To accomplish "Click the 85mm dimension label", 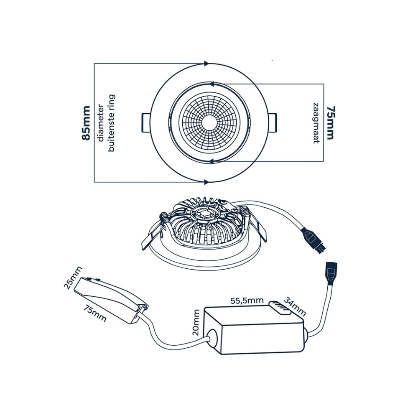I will tap(87, 123).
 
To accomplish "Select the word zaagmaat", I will tap(316, 122).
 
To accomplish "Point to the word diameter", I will tap(100, 123).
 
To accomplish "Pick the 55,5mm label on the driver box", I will tap(247, 301).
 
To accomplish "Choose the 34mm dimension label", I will tap(295, 306).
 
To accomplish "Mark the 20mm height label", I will tap(196, 322).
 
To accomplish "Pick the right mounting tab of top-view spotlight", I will tap(272, 123).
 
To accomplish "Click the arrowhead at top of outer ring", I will tap(206, 64).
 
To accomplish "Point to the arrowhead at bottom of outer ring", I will tap(206, 182).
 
